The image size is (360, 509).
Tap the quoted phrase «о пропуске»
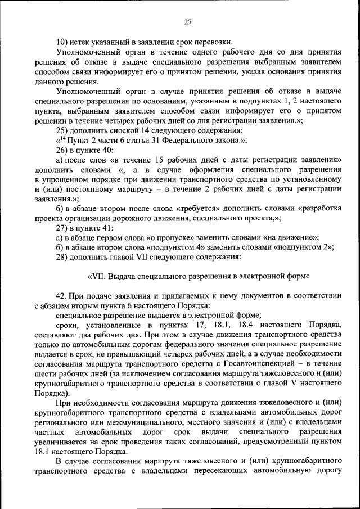pos(166,238)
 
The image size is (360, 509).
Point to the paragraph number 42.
pos(61,296)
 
